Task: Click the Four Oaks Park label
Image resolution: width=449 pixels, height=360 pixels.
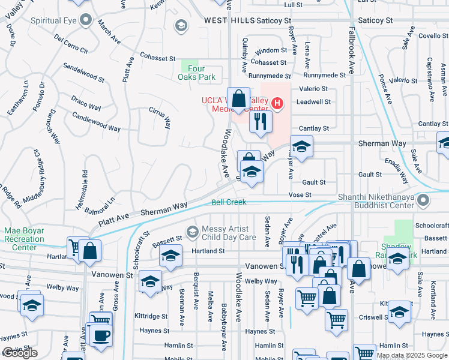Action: click(x=196, y=73)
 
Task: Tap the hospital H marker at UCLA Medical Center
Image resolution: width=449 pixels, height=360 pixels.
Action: click(x=277, y=103)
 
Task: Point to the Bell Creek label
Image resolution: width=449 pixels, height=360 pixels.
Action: click(x=229, y=202)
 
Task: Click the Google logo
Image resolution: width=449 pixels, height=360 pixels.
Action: click(x=19, y=353)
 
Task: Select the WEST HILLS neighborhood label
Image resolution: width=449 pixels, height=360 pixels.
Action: click(x=229, y=20)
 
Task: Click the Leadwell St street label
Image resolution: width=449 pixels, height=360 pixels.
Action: click(x=313, y=102)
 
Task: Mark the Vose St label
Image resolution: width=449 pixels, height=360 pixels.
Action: click(x=300, y=195)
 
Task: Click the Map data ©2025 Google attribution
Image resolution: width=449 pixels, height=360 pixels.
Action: click(x=412, y=355)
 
